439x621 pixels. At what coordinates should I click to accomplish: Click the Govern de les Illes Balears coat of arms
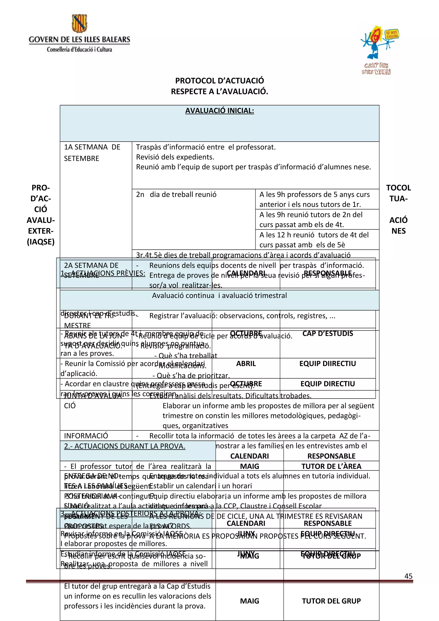click(79, 23)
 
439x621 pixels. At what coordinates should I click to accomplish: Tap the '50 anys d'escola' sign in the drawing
click(391, 34)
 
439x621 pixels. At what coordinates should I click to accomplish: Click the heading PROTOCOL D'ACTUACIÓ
click(219, 81)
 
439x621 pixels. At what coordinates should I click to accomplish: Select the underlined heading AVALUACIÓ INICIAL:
click(219, 111)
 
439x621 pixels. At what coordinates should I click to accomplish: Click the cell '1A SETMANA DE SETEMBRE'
click(92, 153)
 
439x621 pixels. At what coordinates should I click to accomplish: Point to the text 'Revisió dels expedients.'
click(175, 157)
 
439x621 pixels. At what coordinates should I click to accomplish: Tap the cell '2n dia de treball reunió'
click(176, 195)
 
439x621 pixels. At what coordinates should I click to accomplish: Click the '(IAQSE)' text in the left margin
click(41, 242)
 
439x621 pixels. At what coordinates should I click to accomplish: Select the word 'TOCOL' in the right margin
click(398, 188)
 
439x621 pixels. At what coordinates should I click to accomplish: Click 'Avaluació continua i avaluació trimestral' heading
click(219, 295)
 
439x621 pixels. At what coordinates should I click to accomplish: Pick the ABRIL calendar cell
click(246, 363)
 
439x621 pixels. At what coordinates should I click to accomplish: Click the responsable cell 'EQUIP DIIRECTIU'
click(327, 363)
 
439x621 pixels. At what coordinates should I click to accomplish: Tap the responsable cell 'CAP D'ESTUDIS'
click(327, 333)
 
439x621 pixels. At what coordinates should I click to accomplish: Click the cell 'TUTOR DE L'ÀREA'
click(331, 466)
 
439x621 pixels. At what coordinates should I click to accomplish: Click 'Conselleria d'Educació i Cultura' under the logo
click(79, 49)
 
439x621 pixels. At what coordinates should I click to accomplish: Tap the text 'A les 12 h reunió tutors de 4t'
click(314, 235)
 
